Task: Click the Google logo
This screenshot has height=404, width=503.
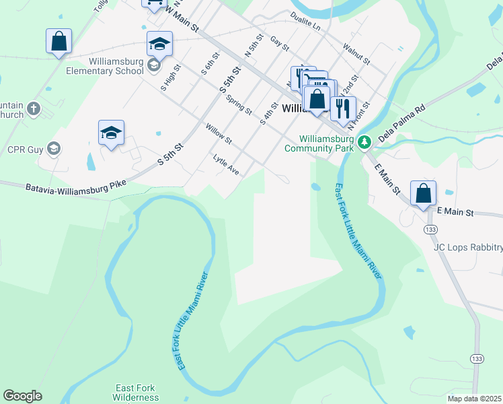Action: coord(22,396)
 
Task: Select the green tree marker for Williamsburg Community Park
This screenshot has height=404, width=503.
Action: coord(364,141)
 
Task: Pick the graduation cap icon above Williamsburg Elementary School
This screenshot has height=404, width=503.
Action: coord(159,44)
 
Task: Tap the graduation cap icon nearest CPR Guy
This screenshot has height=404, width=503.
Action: coord(111,132)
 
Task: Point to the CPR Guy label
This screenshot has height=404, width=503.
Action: coord(22,149)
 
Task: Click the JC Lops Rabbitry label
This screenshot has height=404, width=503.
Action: coord(467,248)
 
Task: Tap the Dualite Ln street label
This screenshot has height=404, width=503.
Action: coord(305,20)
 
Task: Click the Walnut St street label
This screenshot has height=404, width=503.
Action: coord(356,54)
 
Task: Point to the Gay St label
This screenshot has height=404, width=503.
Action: coord(279,44)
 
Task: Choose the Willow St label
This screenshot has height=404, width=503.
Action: coord(219,134)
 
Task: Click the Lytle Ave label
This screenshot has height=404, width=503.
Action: coord(226,165)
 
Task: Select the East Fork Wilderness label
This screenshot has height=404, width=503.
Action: coord(135,393)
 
